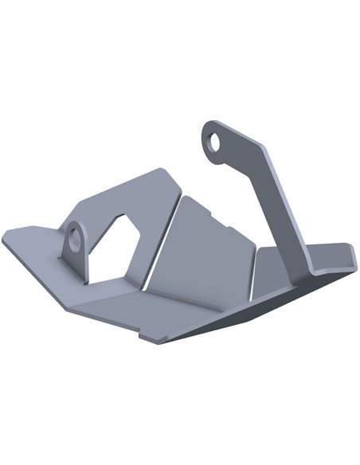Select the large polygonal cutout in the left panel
tap(115, 248)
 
